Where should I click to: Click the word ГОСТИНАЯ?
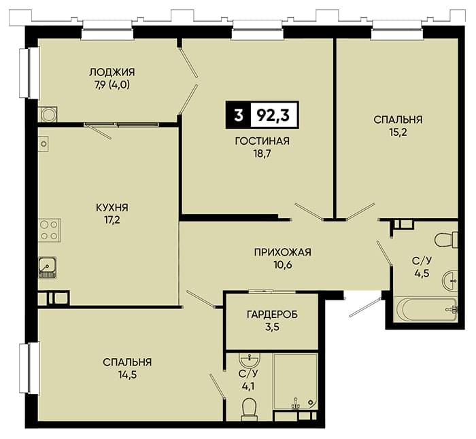(262, 141)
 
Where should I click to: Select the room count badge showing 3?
(239, 116)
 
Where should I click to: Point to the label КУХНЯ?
(112, 208)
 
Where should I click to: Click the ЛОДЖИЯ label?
(112, 72)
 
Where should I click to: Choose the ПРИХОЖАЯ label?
(283, 252)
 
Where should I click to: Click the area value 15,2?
(398, 133)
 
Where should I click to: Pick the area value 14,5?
(128, 375)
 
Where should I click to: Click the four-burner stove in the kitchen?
(50, 230)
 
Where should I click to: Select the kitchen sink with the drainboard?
(47, 267)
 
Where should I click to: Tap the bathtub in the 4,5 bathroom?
(425, 309)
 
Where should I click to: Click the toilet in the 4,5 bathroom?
(446, 240)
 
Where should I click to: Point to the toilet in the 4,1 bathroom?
(250, 409)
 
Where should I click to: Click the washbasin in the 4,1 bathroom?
(250, 361)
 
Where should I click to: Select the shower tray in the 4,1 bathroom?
(295, 382)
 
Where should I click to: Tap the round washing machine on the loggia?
(48, 114)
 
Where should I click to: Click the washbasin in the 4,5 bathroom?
(450, 281)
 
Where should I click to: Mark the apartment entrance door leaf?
(366, 308)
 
